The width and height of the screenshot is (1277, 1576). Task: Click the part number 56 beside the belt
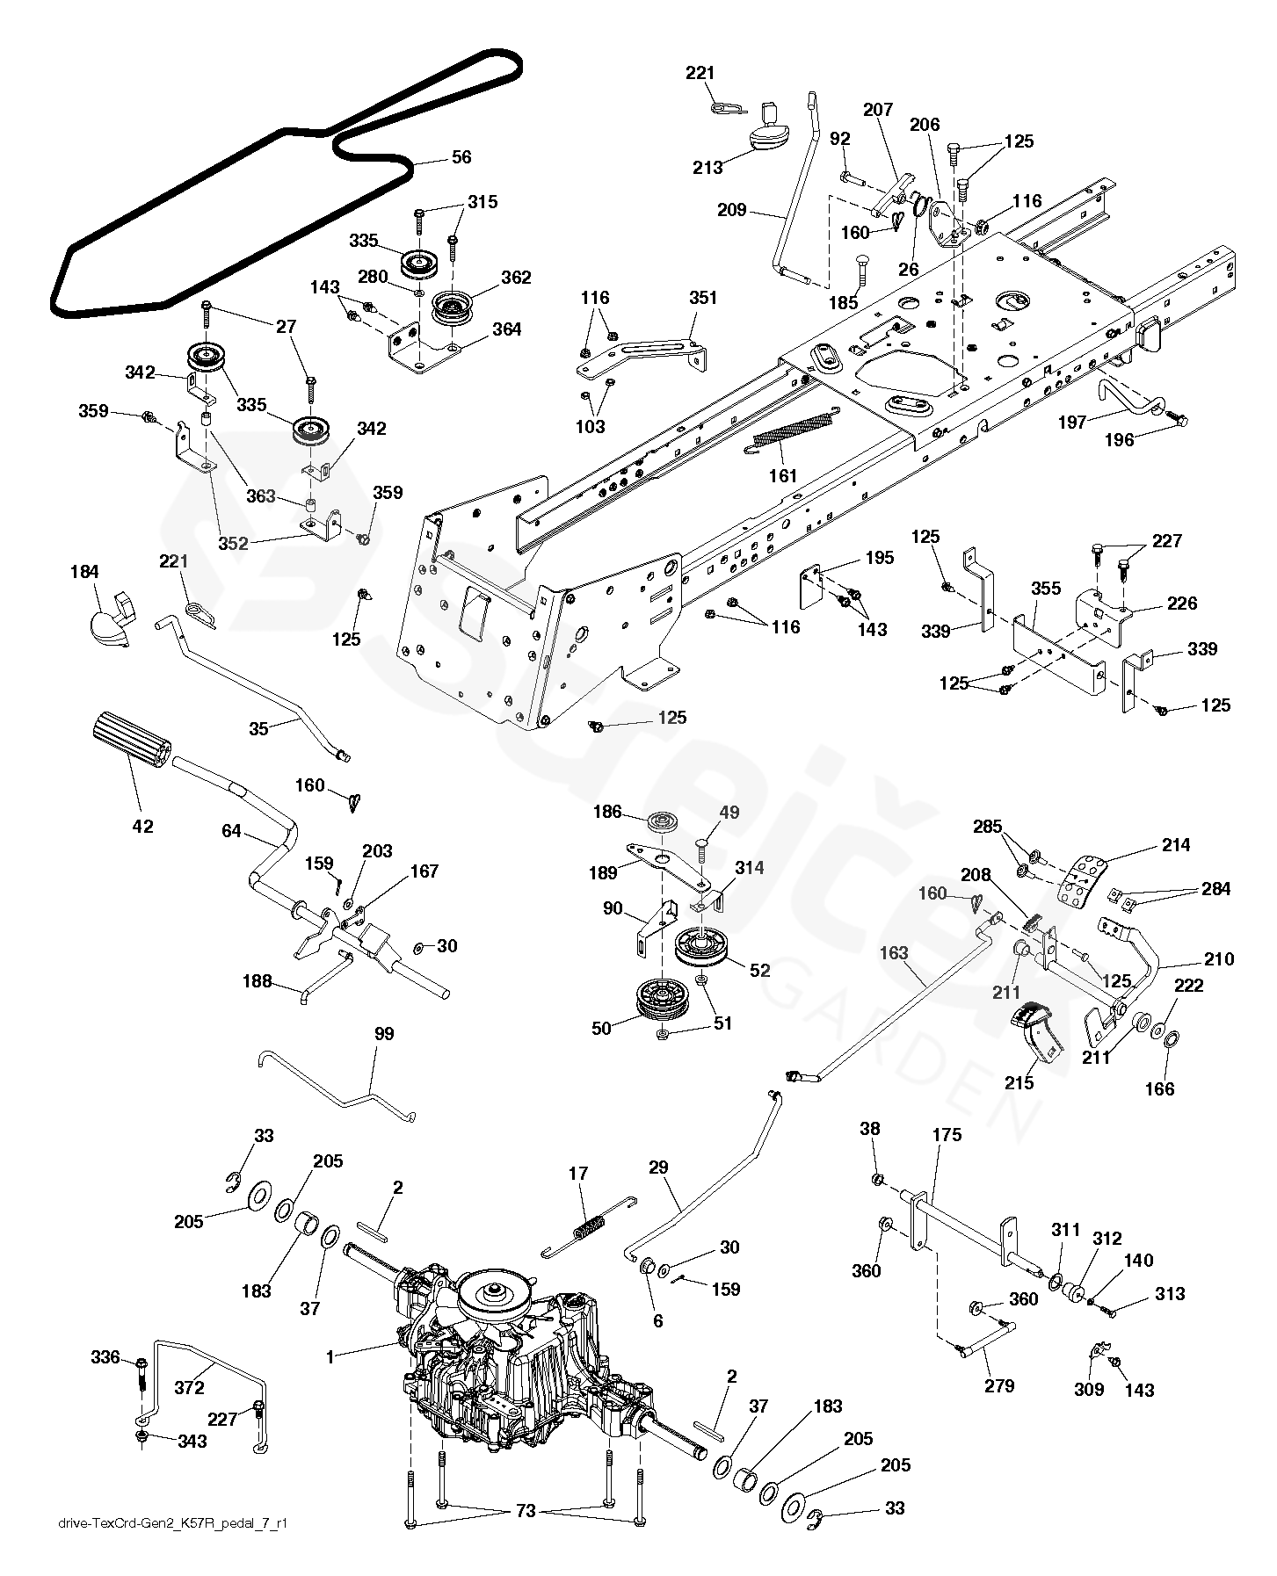pos(461,157)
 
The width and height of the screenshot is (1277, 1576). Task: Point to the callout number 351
pos(704,298)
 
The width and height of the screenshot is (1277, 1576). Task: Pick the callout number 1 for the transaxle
pos(330,1357)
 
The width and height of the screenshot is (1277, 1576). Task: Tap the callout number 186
pos(608,812)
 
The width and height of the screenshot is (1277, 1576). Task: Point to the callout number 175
pos(947,1134)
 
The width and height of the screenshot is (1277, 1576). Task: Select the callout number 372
pos(189,1387)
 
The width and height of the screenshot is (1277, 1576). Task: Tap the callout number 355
pos(1046,589)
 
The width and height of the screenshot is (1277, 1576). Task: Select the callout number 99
pos(384,1034)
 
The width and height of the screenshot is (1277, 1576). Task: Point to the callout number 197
pos(1071,423)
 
